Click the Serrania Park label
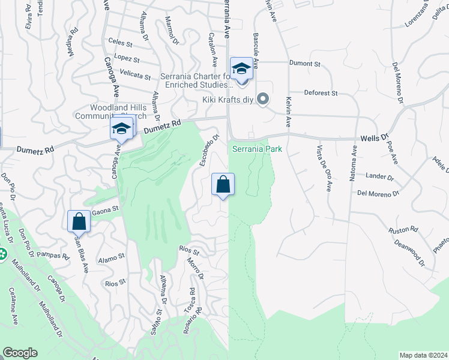point(258,147)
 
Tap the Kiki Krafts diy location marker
point(262,99)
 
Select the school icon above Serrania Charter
point(241,69)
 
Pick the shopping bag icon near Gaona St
point(79,221)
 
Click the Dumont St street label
point(304,63)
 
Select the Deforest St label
point(321,93)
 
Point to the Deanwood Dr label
point(409,253)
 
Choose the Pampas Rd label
point(53,255)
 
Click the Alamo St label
point(113,256)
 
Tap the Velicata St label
point(135,76)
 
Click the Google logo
point(20,352)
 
